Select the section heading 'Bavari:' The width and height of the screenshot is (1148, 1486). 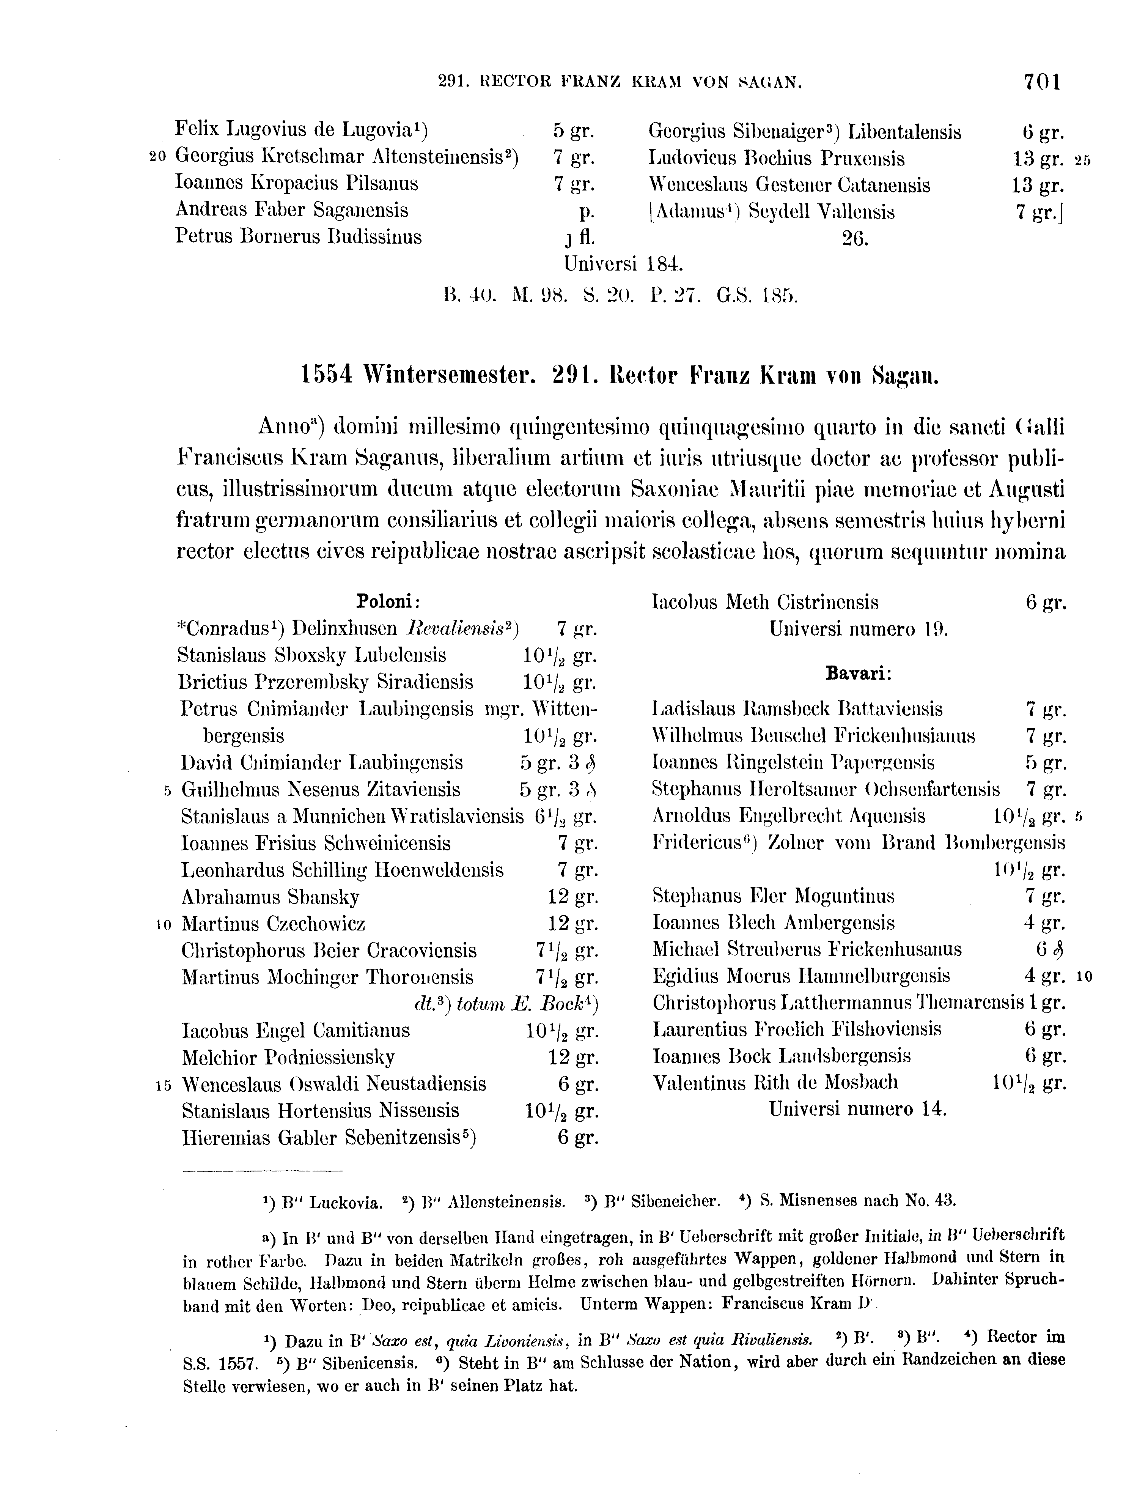tap(858, 674)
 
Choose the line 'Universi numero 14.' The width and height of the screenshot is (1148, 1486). tap(858, 1109)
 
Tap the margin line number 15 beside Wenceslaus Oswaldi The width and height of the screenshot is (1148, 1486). tap(162, 1085)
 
